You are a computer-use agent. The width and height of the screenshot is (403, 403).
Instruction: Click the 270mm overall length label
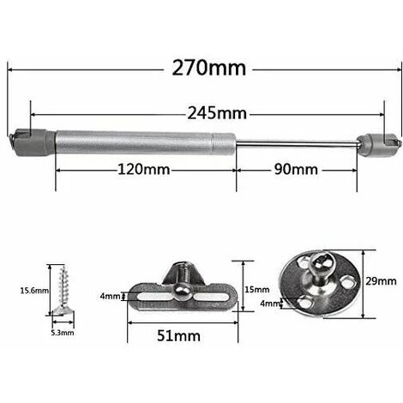click(x=209, y=69)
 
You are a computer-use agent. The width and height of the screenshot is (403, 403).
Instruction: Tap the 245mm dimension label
click(x=217, y=113)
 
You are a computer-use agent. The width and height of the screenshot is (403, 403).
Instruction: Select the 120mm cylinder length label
click(x=144, y=170)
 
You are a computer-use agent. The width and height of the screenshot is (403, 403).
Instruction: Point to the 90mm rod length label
click(x=296, y=169)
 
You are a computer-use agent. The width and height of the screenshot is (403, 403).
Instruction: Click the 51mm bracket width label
click(x=178, y=336)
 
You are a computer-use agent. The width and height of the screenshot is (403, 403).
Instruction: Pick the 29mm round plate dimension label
click(x=381, y=281)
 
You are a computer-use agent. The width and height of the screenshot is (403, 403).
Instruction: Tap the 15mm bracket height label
click(x=256, y=290)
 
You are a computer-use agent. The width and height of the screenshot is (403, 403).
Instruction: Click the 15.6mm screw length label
click(x=34, y=291)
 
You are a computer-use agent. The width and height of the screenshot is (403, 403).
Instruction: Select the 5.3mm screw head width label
click(x=63, y=333)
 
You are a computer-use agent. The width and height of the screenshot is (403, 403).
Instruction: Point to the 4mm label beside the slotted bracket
click(x=110, y=296)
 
